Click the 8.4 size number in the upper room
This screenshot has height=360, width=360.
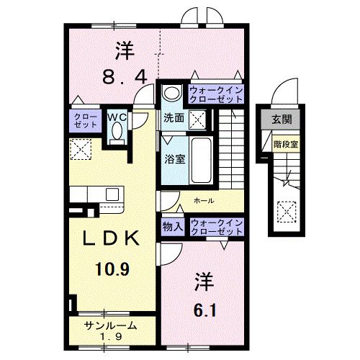click(125, 74)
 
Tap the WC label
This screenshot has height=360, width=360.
click(117, 115)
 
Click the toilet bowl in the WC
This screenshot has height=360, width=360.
click(117, 133)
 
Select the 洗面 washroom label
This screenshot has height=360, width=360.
click(173, 117)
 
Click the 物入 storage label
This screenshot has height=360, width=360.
click(173, 227)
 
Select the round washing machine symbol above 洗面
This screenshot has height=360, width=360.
click(171, 93)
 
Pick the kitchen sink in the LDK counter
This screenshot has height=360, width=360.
click(114, 194)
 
